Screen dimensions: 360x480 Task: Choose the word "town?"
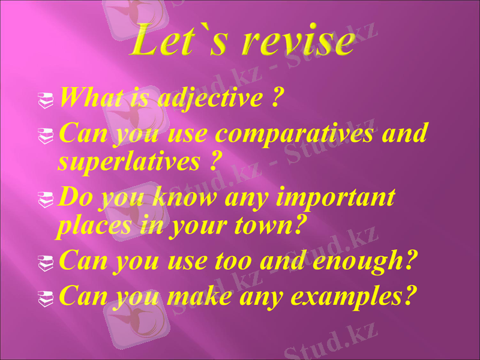pyautogui.click(x=272, y=226)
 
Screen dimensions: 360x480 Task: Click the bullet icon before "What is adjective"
pyautogui.click(x=43, y=98)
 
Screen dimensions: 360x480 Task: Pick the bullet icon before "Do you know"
pyautogui.click(x=43, y=197)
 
